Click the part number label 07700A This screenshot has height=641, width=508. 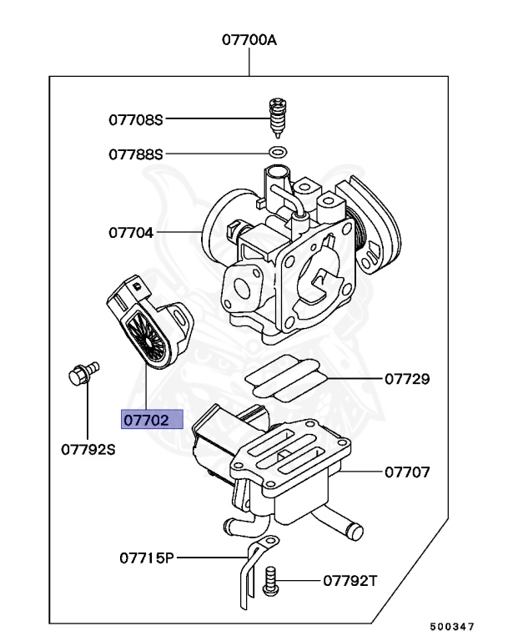pyautogui.click(x=249, y=39)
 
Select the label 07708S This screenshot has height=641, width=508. pyautogui.click(x=135, y=119)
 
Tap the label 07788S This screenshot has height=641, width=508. pyautogui.click(x=135, y=154)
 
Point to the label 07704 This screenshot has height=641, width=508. pyautogui.click(x=131, y=233)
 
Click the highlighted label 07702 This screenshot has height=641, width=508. pyautogui.click(x=151, y=421)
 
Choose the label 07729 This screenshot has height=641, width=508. pyautogui.click(x=406, y=380)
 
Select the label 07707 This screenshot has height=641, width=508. pyautogui.click(x=406, y=472)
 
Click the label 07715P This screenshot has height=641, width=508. pyautogui.click(x=147, y=558)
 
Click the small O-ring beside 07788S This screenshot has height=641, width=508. pyautogui.click(x=279, y=154)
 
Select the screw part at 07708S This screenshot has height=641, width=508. pyautogui.click(x=279, y=117)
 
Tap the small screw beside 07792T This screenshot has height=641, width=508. pyautogui.click(x=269, y=579)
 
